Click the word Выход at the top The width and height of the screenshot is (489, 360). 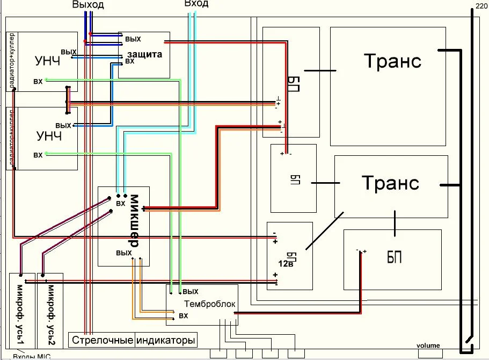pyautogui.click(x=87, y=5)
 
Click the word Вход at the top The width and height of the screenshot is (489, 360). pyautogui.click(x=196, y=4)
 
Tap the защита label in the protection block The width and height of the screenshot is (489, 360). pyautogui.click(x=143, y=54)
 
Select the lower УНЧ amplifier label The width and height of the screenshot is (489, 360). pyautogui.click(x=49, y=136)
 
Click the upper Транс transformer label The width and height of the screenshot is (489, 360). pyautogui.click(x=392, y=61)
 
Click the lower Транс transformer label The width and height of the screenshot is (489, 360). pyautogui.click(x=390, y=183)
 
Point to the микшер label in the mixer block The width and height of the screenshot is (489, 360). pyautogui.click(x=134, y=220)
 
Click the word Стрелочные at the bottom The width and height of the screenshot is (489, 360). pyautogui.click(x=102, y=341)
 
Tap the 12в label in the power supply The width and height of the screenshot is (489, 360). pyautogui.click(x=286, y=264)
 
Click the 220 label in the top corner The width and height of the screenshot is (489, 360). pyautogui.click(x=481, y=6)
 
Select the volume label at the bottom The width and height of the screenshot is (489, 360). pyautogui.click(x=428, y=345)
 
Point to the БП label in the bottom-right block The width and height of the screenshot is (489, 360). pyautogui.click(x=395, y=257)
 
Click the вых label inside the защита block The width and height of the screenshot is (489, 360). pyautogui.click(x=133, y=39)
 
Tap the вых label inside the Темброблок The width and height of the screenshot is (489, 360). pyautogui.click(x=191, y=292)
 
